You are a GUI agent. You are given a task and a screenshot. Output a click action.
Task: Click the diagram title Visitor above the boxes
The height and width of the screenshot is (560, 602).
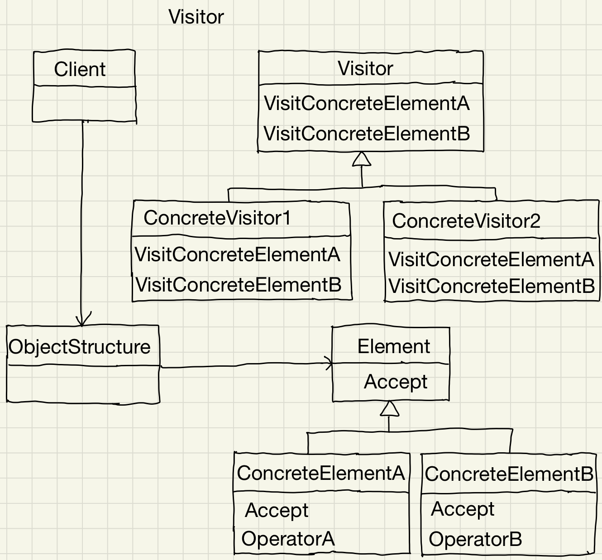coord(196,17)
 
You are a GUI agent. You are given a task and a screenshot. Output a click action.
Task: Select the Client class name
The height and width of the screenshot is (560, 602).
coord(80,69)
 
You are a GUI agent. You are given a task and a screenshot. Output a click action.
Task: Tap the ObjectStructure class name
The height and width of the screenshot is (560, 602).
coord(80,347)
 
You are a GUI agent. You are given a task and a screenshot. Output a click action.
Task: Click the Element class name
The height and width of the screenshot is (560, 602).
coord(393,346)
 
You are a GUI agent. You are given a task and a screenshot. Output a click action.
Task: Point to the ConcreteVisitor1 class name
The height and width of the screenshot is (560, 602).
coord(217,218)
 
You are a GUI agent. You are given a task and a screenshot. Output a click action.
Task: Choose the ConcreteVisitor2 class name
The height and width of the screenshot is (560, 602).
coord(466,221)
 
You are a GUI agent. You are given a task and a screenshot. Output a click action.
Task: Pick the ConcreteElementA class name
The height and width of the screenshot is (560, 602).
coord(320,473)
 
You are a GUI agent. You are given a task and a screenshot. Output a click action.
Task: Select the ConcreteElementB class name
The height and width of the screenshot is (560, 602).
coord(509,474)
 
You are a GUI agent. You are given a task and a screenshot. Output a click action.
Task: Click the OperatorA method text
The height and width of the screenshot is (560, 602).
coord(288,539)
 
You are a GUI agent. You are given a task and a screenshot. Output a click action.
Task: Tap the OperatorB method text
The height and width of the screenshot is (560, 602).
coord(475,539)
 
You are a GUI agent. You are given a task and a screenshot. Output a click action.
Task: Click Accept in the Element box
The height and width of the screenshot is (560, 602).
coord(396,382)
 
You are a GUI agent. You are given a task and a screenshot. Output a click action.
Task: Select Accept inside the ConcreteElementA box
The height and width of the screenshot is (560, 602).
coord(277,510)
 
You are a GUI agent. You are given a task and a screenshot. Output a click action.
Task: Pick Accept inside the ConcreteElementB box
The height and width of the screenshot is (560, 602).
coord(463,509)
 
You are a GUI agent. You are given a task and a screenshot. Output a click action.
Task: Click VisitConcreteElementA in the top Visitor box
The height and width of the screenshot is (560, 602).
coord(367,103)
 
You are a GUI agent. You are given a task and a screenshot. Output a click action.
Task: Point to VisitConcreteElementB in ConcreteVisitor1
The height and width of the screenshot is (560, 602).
coord(238,285)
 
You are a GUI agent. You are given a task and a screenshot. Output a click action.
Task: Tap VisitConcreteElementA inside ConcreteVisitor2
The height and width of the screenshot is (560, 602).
coord(491,259)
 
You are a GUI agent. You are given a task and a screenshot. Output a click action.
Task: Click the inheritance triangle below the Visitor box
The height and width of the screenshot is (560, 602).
coord(361,159)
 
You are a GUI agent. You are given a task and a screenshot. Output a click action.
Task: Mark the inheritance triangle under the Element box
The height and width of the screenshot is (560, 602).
coord(389,409)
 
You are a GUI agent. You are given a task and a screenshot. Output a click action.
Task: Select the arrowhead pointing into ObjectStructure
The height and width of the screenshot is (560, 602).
coord(82,320)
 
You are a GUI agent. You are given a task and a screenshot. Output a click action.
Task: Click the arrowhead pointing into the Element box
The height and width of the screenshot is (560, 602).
coord(328,363)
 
